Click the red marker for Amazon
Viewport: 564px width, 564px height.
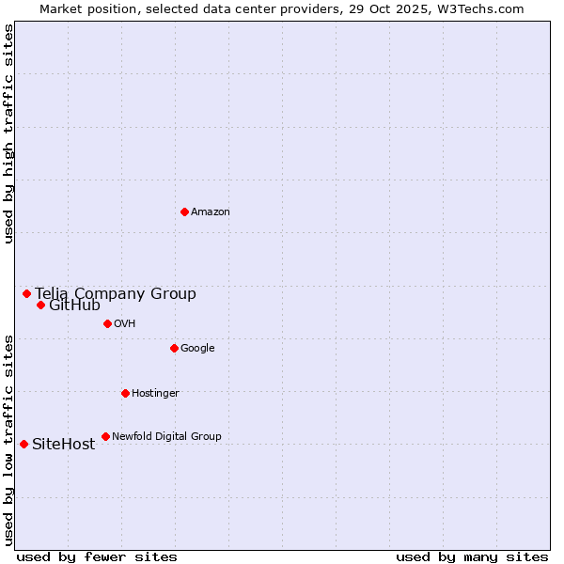[x=184, y=211]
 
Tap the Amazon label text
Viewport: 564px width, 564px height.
[x=211, y=212]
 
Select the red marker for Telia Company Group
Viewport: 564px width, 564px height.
[x=26, y=293]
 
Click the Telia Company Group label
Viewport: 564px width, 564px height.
[x=116, y=294]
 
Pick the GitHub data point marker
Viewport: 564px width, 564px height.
[x=40, y=305]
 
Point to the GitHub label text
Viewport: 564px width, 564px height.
[x=74, y=305]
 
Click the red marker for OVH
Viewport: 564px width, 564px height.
[x=107, y=323]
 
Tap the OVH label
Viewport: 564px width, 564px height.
[x=125, y=324]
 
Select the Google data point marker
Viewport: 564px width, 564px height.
[x=174, y=348]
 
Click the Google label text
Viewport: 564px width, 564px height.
[x=197, y=349]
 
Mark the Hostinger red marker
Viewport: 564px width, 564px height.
[x=125, y=393]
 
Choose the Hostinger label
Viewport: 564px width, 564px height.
[x=155, y=394]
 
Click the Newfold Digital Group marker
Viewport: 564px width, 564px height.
[x=105, y=436]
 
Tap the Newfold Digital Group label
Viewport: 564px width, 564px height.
[x=166, y=437]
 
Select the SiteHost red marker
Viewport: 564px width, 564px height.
[x=23, y=444]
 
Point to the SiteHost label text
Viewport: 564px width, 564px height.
[x=63, y=445]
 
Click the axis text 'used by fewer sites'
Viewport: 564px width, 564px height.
[x=97, y=556]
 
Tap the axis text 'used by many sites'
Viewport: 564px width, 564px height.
[x=472, y=556]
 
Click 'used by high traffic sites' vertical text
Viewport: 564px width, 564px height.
[x=8, y=133]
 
